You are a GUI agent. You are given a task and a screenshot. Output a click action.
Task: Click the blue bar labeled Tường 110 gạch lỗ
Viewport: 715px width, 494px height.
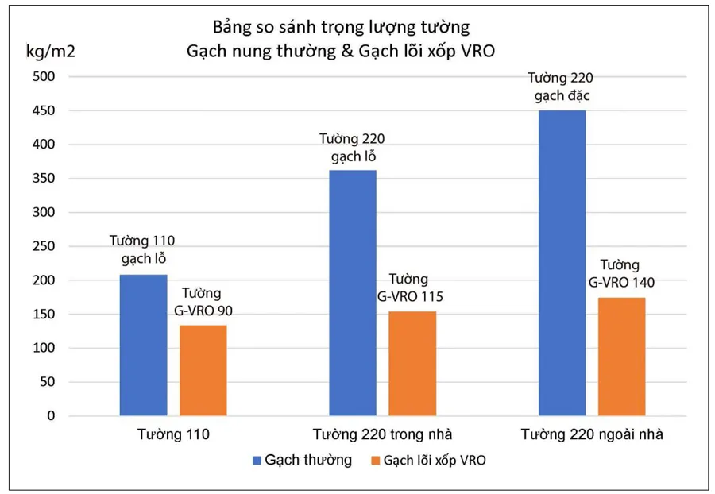point(143,345)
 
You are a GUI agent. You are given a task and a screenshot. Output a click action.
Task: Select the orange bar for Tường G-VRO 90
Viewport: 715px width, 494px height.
point(203,370)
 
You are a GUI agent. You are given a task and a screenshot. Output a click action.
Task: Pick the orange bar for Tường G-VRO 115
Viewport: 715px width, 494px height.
point(412,363)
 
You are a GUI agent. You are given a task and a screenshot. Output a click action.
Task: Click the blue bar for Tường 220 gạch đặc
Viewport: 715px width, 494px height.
point(562,262)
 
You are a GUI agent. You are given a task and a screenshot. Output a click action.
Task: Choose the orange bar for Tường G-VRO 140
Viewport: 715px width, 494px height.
point(621,356)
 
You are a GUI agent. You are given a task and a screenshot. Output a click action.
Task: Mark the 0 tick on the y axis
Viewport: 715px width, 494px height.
point(50,415)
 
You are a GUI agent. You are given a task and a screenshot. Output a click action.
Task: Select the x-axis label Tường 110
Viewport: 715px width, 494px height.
point(172,434)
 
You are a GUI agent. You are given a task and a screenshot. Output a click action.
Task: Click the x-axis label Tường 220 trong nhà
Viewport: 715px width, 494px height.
point(382,434)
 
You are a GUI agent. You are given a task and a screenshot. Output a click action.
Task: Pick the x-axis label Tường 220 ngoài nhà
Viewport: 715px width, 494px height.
point(592,434)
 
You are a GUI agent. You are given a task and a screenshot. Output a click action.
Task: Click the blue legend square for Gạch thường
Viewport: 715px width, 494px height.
point(256,461)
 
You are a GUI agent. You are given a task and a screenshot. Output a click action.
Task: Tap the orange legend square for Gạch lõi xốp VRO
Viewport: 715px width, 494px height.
point(373,461)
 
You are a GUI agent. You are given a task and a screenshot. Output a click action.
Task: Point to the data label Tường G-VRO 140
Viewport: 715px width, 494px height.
point(621,273)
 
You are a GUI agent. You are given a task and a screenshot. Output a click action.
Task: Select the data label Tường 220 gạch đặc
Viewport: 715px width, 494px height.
point(561,87)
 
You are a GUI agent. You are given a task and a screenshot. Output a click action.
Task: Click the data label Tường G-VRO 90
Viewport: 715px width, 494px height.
point(203,301)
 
